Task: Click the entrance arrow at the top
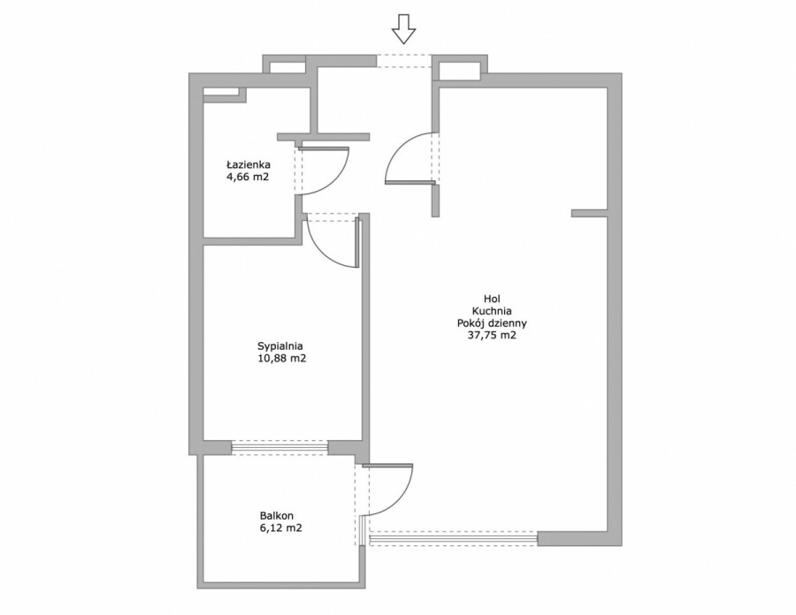[x=403, y=29]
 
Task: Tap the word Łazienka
[x=249, y=164]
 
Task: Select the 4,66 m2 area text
[x=248, y=177]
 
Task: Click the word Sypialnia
[x=280, y=346]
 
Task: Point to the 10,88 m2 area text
[x=282, y=359]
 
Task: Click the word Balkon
[x=277, y=516]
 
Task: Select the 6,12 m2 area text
[x=280, y=528]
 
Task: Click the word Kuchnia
[x=492, y=311]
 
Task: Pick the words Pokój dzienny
[x=492, y=323]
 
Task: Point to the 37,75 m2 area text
[x=492, y=335]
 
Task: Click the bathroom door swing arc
[x=337, y=180]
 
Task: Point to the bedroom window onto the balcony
[x=279, y=448]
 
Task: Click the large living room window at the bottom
[x=454, y=538]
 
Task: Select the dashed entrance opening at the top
[x=403, y=61]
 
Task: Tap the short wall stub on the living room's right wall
[x=589, y=214]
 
